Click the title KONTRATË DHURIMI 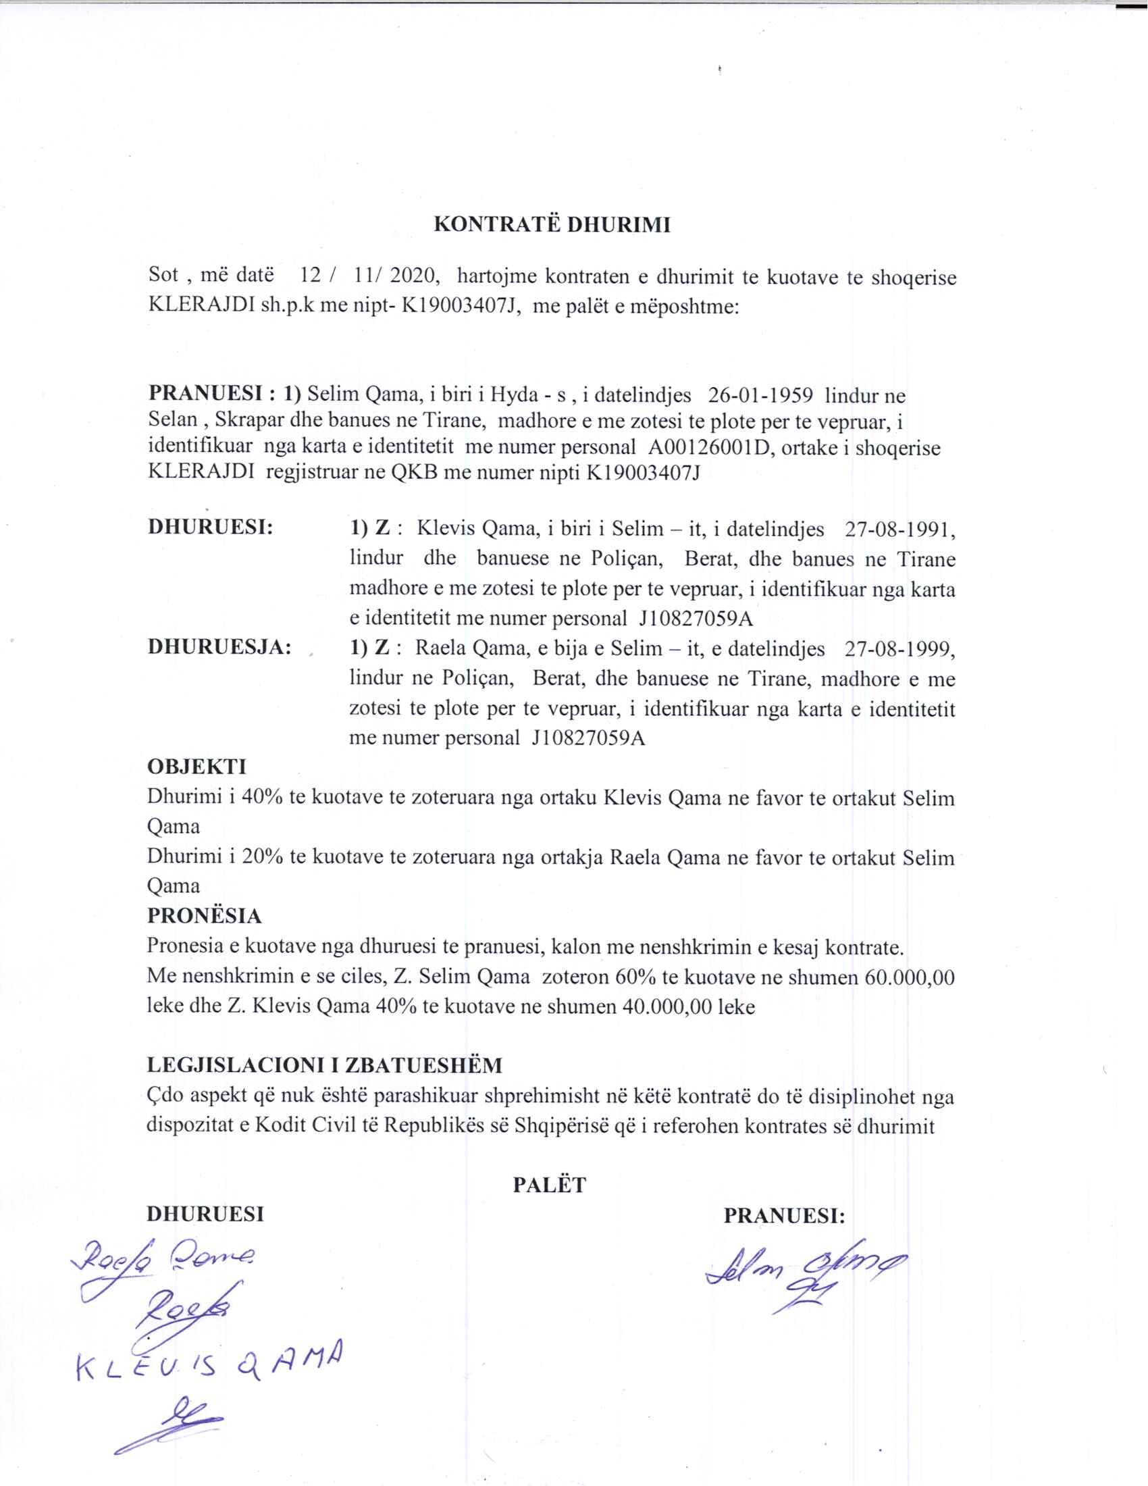pos(552,225)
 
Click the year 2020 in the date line pos(411,276)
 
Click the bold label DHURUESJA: pos(219,647)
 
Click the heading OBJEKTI pos(197,767)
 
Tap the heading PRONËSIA pos(204,916)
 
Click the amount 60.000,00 pos(910,978)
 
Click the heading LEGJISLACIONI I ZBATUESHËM pos(325,1065)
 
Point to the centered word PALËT pos(549,1185)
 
